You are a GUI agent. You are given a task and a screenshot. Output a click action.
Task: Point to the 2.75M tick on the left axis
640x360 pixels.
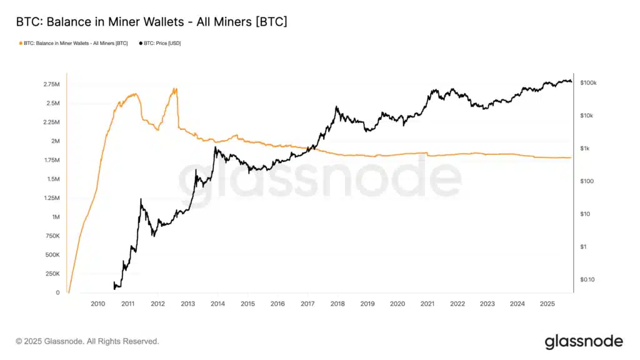click(51, 84)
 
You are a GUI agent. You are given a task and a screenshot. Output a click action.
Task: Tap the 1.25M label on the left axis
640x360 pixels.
click(51, 198)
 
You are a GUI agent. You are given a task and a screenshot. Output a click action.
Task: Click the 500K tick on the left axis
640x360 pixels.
click(51, 255)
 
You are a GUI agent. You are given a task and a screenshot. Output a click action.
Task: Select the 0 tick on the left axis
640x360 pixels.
click(57, 293)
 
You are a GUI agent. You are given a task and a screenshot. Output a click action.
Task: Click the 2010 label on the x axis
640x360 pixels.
click(97, 304)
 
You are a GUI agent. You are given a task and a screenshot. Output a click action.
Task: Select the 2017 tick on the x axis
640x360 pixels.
click(307, 304)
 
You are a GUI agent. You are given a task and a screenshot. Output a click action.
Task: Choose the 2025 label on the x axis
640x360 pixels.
click(547, 304)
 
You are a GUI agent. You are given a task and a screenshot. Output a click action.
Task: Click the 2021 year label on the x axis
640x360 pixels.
click(427, 304)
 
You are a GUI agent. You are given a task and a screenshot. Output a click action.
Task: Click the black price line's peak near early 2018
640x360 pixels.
click(337, 107)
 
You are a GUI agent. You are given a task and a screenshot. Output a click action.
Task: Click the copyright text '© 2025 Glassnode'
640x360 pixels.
click(87, 341)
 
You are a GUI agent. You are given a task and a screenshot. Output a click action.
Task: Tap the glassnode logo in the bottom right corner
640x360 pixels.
click(583, 341)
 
